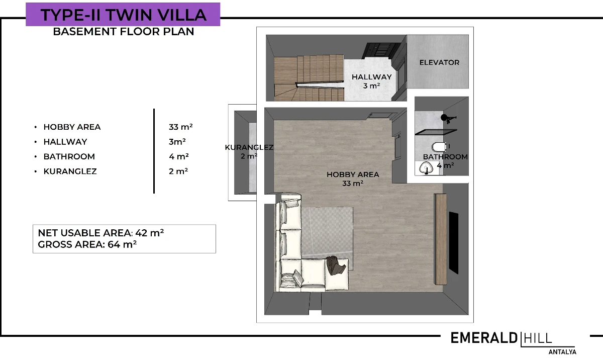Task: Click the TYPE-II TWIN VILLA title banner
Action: [123, 14]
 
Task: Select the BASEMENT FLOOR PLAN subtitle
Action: [124, 32]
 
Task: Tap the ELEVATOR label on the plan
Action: [439, 62]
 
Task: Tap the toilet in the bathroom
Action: [439, 147]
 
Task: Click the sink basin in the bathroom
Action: [426, 168]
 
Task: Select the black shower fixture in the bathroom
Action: [448, 119]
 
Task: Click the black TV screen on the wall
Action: [454, 243]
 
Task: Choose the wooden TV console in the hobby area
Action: [440, 239]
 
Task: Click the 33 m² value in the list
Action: [180, 127]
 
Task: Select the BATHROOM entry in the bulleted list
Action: [69, 156]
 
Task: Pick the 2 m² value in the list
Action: [178, 171]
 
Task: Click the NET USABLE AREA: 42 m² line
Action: [100, 233]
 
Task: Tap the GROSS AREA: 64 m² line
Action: [87, 244]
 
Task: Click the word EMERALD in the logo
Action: [484, 338]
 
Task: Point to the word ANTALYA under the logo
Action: [562, 352]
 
